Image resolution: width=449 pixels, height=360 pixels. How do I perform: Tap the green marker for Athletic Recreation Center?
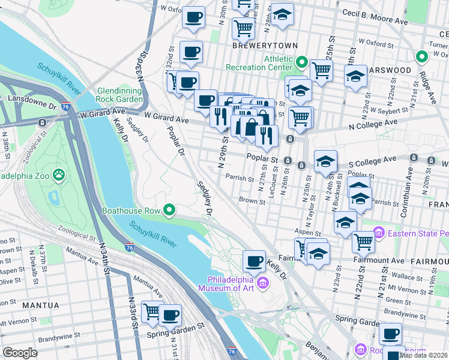(x=301, y=62)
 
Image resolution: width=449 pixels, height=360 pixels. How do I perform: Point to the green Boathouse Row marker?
(x=170, y=210)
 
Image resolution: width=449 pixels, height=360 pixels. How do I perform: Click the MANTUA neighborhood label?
(x=40, y=305)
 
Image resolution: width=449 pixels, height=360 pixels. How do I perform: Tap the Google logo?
(x=20, y=353)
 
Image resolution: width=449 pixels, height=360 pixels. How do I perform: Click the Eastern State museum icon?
(x=378, y=232)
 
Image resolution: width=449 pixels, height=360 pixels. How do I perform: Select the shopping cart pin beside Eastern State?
(x=363, y=241)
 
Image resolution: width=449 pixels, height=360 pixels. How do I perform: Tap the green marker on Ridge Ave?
(x=422, y=58)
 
